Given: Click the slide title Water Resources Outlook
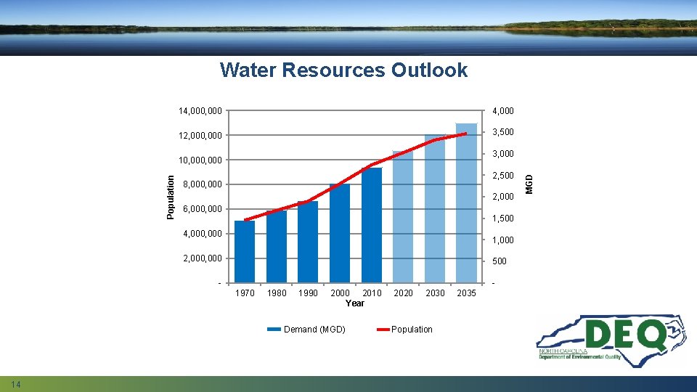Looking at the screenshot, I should coord(343,70).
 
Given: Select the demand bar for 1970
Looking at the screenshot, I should coord(245,251).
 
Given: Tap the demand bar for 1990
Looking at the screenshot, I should coord(308,242).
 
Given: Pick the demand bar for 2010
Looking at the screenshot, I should coord(372,225).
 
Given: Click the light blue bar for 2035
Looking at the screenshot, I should coord(467,203).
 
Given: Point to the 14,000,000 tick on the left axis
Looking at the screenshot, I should coord(201,111).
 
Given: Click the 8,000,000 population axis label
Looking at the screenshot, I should coord(204,185).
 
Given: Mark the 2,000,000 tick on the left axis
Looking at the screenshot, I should coord(204,259).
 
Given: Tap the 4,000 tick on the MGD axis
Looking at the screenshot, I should coord(503,111).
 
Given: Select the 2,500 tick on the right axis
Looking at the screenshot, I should coord(503,176).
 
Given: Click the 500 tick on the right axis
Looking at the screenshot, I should coord(500,261).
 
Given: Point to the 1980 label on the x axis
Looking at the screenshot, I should coord(277,293).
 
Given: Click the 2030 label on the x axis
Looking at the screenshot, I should coord(436,293).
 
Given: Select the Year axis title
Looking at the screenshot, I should coord(355,303).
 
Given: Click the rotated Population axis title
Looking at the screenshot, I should coord(171,196).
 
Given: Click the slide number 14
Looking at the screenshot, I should coord(15,383).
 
